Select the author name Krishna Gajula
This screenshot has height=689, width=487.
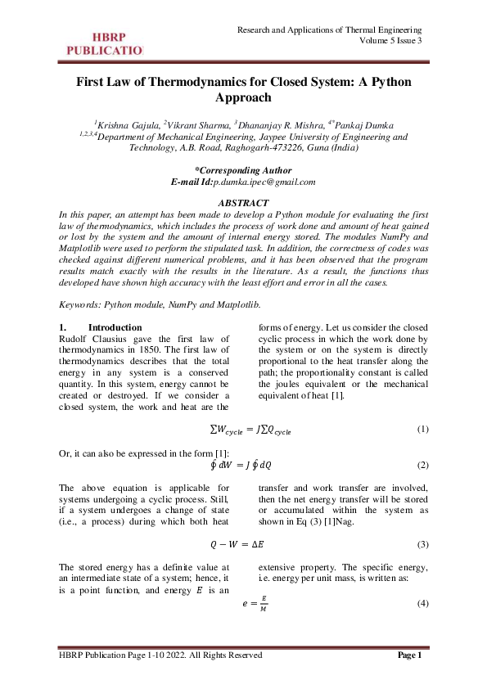coord(128,125)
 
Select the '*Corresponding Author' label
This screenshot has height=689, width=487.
coord(243,170)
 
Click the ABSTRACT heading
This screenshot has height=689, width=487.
coord(243,202)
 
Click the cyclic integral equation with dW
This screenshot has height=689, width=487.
coord(243,465)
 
